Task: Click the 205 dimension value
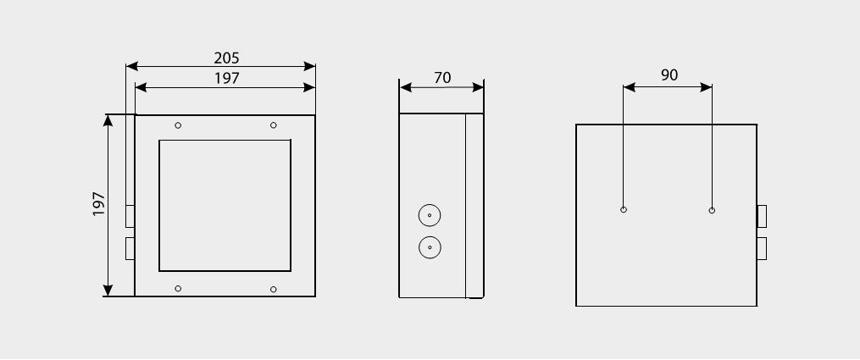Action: [x=226, y=58]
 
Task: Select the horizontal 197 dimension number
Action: [x=226, y=79]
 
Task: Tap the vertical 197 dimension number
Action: [x=99, y=203]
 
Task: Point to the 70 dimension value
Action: [x=442, y=78]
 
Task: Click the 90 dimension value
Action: [x=669, y=75]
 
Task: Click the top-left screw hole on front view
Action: [x=178, y=125]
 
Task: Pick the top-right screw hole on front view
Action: [x=274, y=125]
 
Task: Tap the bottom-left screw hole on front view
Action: [x=178, y=289]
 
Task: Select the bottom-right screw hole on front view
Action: [x=274, y=290]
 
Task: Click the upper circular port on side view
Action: [x=430, y=215]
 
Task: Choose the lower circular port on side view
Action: [x=430, y=247]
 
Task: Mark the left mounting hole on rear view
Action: [x=624, y=210]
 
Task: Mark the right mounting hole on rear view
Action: [x=712, y=210]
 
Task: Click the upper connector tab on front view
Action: [x=130, y=217]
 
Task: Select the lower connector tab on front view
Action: [x=130, y=249]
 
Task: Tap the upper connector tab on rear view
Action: [x=762, y=217]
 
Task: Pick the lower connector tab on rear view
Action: [x=762, y=249]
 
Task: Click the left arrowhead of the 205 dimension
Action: [x=131, y=67]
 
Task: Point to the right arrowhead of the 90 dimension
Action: [x=707, y=87]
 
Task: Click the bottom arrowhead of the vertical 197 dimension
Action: [x=108, y=291]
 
